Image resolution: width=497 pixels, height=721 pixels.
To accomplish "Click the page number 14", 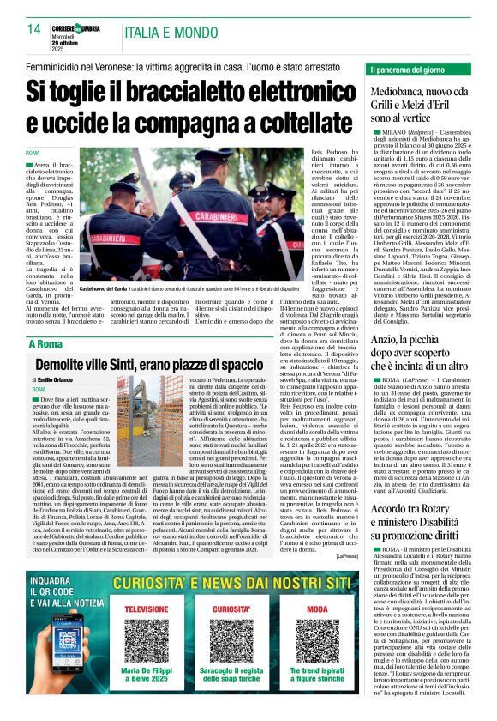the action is point(34,30).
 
